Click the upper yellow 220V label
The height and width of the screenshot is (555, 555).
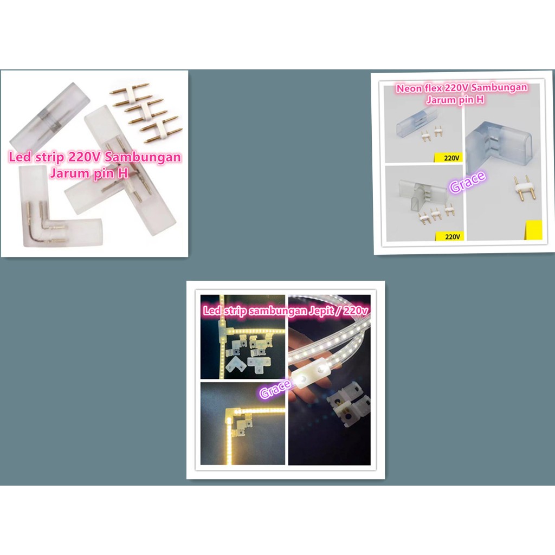(448, 158)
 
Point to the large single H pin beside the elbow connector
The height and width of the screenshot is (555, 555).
(522, 188)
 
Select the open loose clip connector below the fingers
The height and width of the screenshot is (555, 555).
(347, 403)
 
